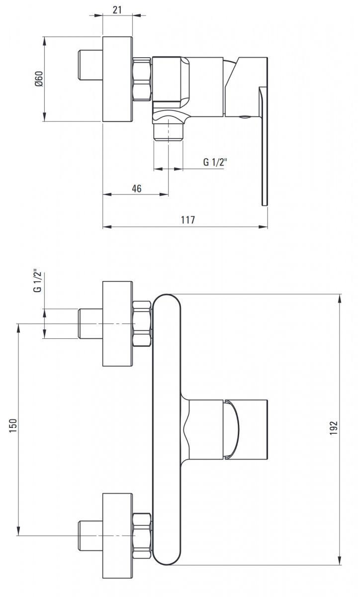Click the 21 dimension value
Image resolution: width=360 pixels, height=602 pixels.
pos(117,9)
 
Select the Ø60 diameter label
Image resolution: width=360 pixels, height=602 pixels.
pos(39,79)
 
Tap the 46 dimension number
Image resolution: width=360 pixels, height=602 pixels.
pos(136,189)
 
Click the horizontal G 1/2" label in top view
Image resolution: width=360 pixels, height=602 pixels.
pos(215,162)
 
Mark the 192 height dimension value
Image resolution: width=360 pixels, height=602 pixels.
pos(334,429)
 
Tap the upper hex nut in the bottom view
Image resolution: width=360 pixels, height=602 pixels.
pos(142,323)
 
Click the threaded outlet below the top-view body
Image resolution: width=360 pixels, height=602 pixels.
pos(169,133)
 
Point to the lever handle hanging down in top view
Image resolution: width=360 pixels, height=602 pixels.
pos(264,149)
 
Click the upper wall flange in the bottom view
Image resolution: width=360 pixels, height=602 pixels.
pos(118,323)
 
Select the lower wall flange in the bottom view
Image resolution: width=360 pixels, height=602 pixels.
pos(118,535)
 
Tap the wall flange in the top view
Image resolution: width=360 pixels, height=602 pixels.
pos(118,79)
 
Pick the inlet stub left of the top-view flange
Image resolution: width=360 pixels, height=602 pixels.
pos(90,65)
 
